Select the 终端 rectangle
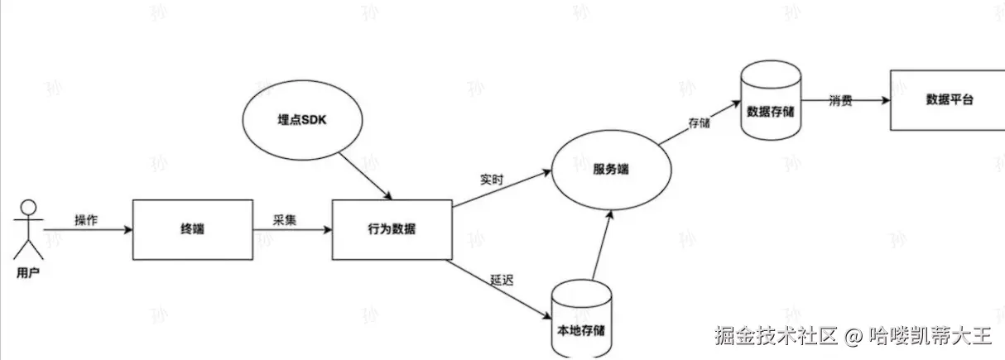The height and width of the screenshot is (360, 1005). (x=192, y=229)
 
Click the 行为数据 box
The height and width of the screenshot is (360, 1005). (x=392, y=229)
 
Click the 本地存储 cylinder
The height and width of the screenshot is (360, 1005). (x=581, y=319)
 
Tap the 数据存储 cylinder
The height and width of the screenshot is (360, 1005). (x=771, y=101)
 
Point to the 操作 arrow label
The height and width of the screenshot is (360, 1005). (x=86, y=219)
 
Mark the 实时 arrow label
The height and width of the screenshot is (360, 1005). (x=492, y=179)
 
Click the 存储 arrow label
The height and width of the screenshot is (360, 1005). (x=699, y=123)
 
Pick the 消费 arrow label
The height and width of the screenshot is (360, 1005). (x=841, y=101)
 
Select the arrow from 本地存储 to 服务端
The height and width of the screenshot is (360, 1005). (x=602, y=244)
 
